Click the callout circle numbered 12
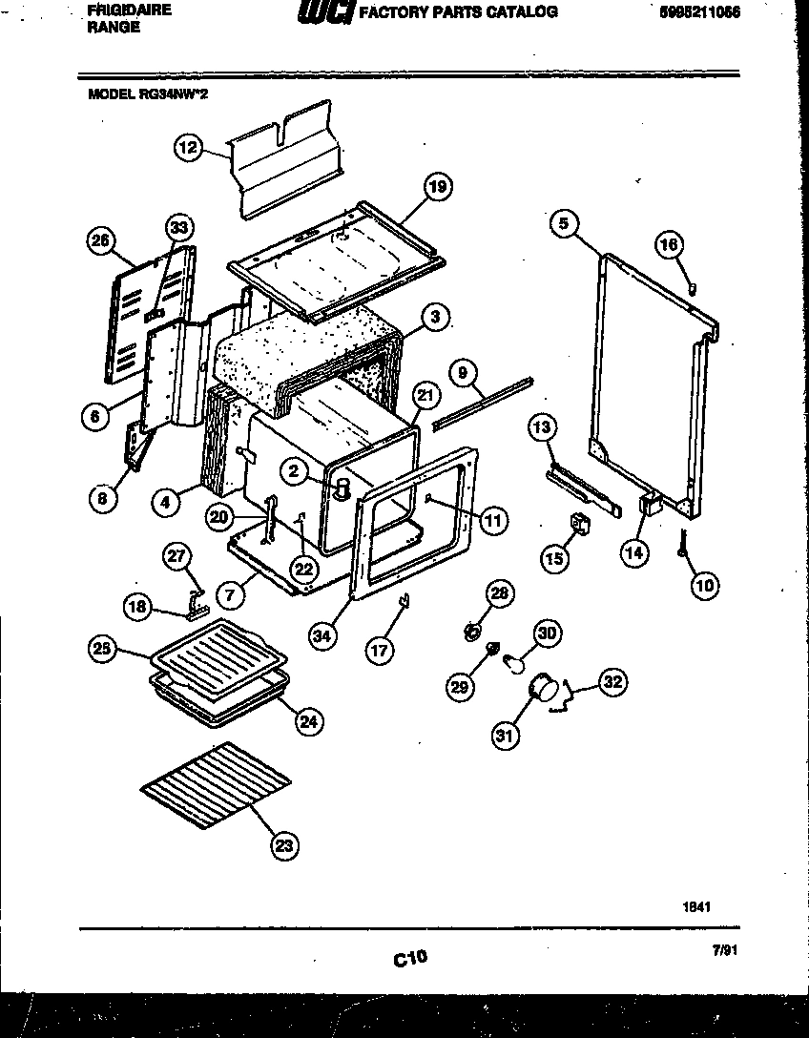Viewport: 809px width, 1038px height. coord(188,147)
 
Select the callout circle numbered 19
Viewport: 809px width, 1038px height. coord(437,187)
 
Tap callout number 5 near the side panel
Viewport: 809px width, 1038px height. coord(564,223)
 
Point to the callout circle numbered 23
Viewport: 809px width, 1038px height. coord(284,843)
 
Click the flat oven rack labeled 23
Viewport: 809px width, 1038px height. coord(216,783)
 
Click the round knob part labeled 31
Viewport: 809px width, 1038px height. coord(544,685)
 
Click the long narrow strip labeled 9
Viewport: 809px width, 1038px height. coord(482,402)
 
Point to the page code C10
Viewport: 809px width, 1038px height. coord(410,957)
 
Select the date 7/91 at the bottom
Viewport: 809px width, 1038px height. coord(725,950)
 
